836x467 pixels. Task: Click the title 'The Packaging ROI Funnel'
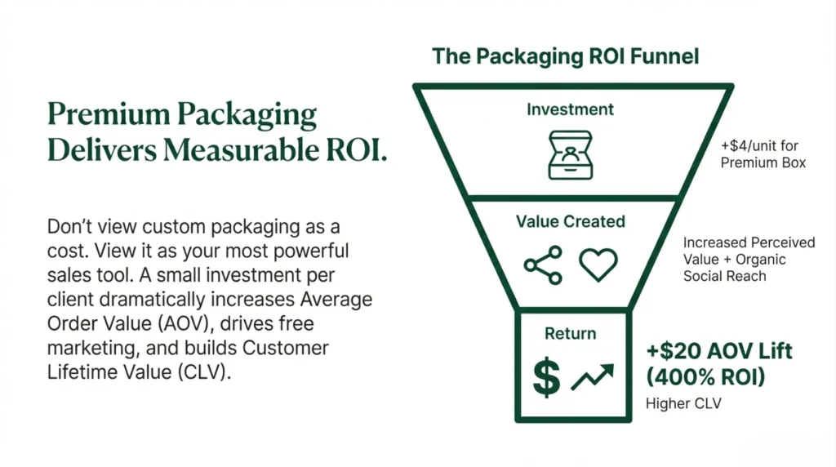point(566,56)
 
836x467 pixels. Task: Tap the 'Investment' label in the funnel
point(571,109)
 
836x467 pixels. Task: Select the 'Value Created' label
point(571,221)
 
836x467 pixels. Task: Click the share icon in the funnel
point(543,265)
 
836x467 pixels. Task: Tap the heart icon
point(598,265)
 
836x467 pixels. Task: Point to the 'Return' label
point(571,333)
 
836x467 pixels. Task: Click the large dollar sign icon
point(545,376)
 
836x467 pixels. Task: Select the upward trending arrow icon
point(593,377)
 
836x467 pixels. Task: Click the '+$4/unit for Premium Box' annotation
point(763,154)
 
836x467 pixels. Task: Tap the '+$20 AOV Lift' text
point(719,353)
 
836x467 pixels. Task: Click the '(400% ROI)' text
point(705,378)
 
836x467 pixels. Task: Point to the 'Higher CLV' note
point(679,403)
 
